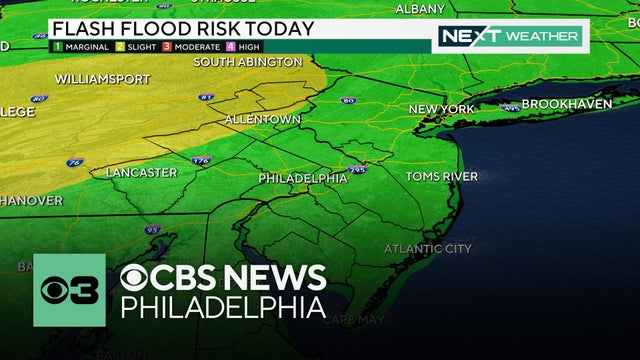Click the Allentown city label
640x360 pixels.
click(262, 119)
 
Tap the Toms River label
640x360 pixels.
click(441, 177)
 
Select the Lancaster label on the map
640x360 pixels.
click(141, 173)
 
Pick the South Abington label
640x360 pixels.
click(247, 62)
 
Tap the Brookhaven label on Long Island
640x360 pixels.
click(565, 104)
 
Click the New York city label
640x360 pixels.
click(441, 108)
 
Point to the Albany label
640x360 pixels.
click(420, 9)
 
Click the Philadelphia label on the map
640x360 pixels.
click(302, 178)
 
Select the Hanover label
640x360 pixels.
click(30, 200)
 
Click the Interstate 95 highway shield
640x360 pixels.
click(152, 230)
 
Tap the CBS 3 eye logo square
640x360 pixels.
click(69, 290)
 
